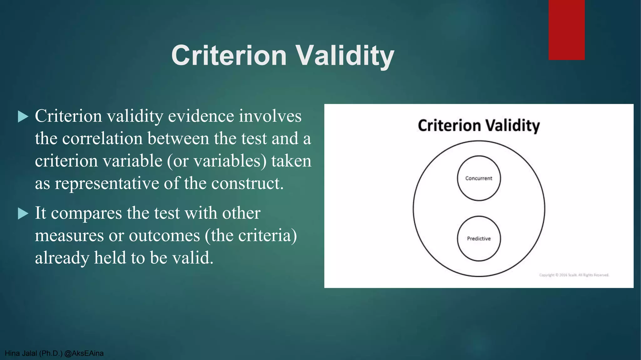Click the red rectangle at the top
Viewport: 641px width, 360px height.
[x=567, y=30]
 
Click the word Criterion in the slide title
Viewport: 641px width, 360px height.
[x=229, y=56]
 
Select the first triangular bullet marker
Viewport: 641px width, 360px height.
[x=23, y=117]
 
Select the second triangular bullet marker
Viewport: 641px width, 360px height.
[x=23, y=214]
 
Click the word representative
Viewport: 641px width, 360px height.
[x=107, y=183]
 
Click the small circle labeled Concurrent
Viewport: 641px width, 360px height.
[x=479, y=178]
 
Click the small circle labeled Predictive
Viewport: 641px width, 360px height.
[x=479, y=238]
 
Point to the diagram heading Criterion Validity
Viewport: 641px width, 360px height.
[x=479, y=126]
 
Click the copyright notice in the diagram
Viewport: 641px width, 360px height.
[x=574, y=275]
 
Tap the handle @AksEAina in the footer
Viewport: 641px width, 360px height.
[x=84, y=353]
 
